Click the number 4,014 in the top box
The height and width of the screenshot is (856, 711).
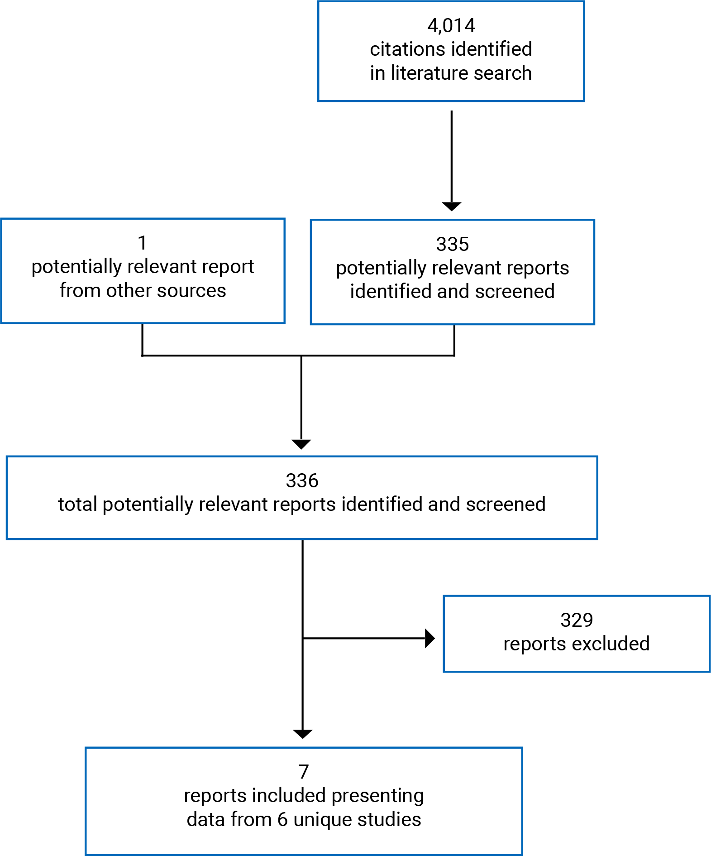pyautogui.click(x=451, y=26)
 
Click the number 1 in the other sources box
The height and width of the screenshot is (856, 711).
pyautogui.click(x=143, y=243)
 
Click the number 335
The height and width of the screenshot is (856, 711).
pyautogui.click(x=452, y=245)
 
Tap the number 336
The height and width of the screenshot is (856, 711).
pyautogui.click(x=302, y=481)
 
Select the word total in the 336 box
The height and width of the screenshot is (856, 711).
pyautogui.click(x=77, y=505)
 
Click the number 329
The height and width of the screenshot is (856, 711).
pyautogui.click(x=577, y=620)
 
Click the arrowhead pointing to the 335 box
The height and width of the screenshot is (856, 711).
pyautogui.click(x=451, y=206)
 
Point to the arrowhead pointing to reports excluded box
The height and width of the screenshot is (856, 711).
pyautogui.click(x=429, y=639)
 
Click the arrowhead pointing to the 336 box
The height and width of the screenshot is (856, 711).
pyautogui.click(x=301, y=444)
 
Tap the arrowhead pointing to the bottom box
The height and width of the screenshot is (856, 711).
pyautogui.click(x=302, y=734)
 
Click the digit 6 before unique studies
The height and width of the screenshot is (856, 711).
pyautogui.click(x=282, y=820)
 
